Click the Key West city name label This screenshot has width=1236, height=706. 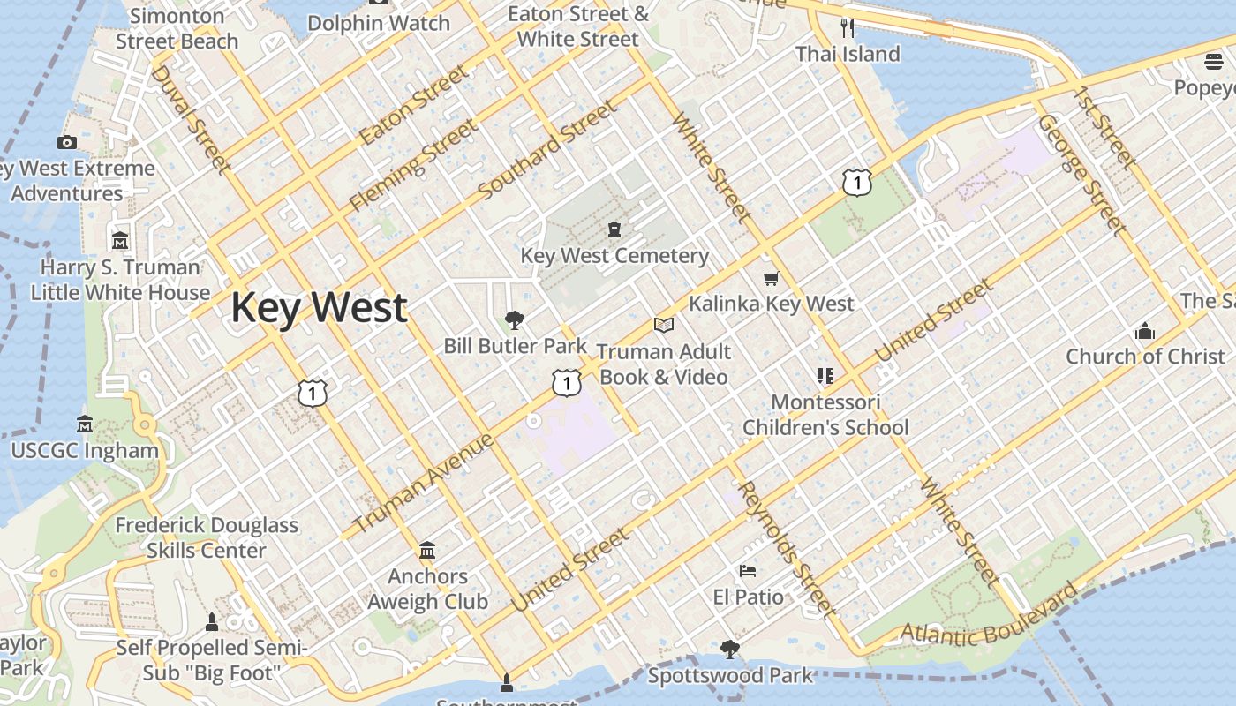(319, 307)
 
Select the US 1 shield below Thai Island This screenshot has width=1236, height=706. (856, 183)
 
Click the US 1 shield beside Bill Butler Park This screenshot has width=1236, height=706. (566, 382)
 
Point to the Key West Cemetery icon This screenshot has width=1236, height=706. (614, 229)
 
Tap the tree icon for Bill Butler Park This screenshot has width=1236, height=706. (514, 319)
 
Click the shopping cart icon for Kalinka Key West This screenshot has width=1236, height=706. (771, 279)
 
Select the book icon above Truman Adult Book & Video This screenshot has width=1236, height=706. (664, 325)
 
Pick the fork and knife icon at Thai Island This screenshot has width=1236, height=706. (848, 27)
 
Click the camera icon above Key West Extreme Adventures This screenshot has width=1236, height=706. (66, 142)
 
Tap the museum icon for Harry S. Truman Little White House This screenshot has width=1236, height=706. (120, 240)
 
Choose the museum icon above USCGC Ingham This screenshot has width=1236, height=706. (85, 424)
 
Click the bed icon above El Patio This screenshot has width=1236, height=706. (748, 571)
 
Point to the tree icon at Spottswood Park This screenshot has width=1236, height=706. (729, 650)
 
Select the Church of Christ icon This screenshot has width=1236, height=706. (1145, 331)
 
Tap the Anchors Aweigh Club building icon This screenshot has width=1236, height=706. (427, 551)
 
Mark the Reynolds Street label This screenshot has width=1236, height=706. (785, 548)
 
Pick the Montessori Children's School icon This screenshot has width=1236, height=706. (825, 377)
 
